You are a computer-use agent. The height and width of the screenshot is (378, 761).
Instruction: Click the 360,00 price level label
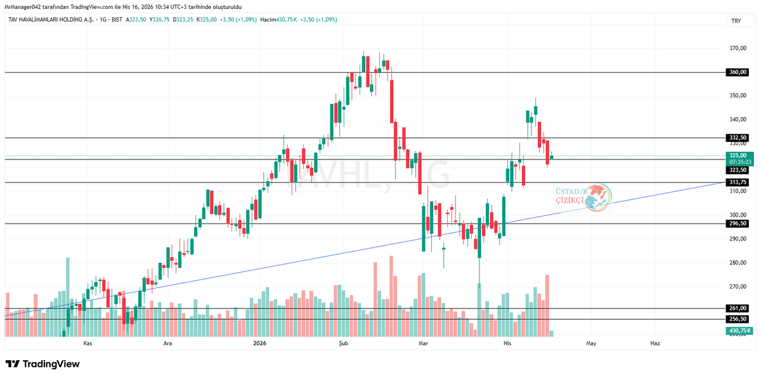tap(737, 72)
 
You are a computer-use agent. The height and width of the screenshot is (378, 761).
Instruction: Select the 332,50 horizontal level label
tap(737, 137)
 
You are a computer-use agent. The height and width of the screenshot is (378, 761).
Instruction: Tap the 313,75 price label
tap(737, 182)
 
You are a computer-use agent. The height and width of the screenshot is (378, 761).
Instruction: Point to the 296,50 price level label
tap(737, 224)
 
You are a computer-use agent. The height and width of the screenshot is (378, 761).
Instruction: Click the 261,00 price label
tap(737, 308)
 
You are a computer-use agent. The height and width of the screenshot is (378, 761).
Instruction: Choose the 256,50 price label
tap(737, 319)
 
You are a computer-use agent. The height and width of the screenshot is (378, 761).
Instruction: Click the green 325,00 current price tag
tap(737, 154)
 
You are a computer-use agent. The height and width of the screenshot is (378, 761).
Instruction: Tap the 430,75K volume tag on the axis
tap(739, 331)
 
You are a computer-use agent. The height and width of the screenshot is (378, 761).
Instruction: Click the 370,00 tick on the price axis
tap(737, 48)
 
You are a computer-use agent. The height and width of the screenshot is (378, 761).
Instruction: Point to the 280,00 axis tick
tap(737, 263)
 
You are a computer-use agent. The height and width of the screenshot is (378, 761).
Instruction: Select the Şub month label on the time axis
tap(344, 343)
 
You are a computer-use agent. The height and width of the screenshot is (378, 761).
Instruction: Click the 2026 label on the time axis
tap(259, 343)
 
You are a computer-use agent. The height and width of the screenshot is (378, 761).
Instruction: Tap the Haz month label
tap(655, 343)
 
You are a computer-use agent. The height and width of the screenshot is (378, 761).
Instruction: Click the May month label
tap(591, 343)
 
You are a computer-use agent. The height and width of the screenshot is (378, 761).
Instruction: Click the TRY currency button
tap(736, 21)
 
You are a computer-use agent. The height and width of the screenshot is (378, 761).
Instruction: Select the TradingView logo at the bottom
tap(42, 364)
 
